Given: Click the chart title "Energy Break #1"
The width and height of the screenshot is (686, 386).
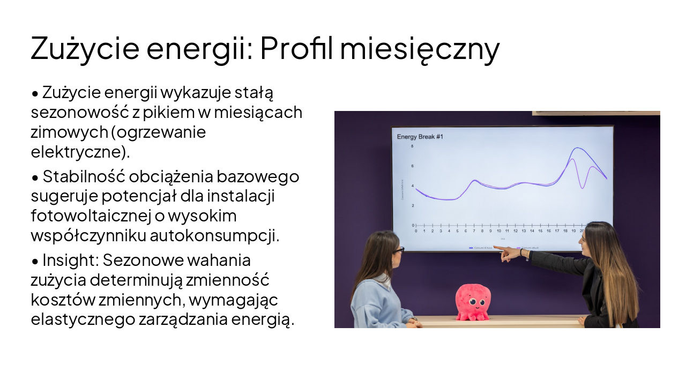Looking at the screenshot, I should pos(420,137).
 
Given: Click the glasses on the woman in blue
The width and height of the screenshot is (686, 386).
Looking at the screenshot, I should pos(397,250).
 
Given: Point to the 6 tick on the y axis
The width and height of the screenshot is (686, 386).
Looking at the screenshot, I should pos(412,166).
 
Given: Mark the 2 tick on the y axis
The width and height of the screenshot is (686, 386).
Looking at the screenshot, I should pos(412,206).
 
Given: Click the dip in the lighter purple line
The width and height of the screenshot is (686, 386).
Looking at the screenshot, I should pos(583,188).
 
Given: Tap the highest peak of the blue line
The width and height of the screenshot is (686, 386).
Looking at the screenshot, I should pos(578,148).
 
